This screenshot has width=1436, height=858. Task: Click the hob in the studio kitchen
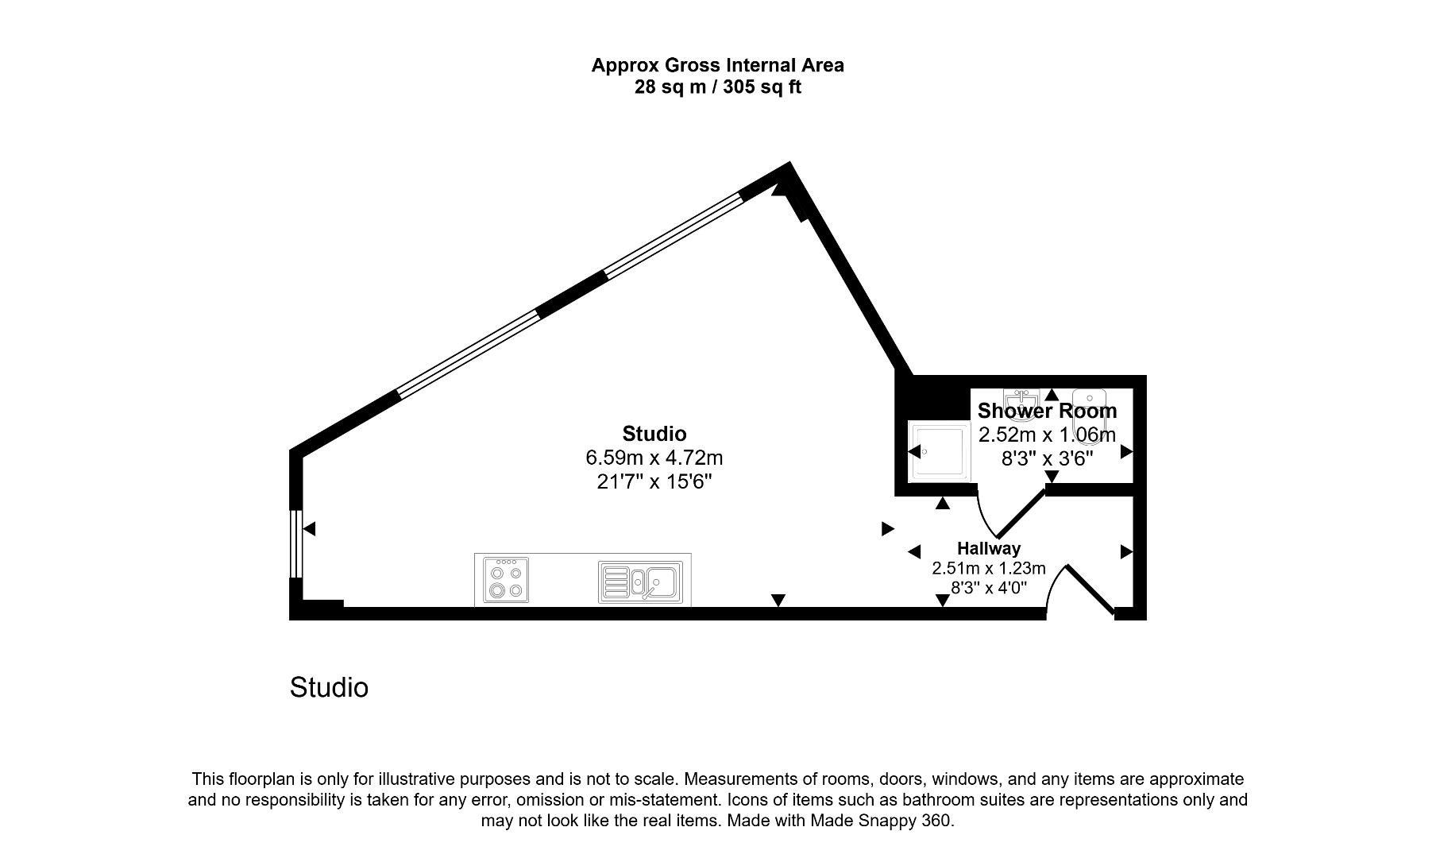coord(505,580)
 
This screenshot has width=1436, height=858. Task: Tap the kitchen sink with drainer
coord(640,581)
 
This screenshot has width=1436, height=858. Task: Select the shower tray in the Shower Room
coord(940,452)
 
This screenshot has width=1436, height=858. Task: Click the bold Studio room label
coord(654,434)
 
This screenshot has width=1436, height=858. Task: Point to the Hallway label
coord(988,548)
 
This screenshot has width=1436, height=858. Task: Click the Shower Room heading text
coord(1047,411)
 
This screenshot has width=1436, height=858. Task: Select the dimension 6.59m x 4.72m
coord(654,458)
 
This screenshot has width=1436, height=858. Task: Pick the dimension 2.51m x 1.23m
coord(988,568)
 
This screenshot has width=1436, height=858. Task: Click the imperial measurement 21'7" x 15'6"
coord(654,481)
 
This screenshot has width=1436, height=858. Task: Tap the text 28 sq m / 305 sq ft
coord(717,87)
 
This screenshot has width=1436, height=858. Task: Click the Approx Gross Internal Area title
coord(717,65)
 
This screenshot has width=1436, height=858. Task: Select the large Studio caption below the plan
coord(329,687)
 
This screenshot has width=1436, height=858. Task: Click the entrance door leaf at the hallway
coord(1090,589)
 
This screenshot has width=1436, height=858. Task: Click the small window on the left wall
coord(295,543)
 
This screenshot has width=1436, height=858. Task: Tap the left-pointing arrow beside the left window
coord(310,528)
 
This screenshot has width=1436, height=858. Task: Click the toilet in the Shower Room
coord(1090,409)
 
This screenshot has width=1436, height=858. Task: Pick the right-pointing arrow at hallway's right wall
coord(1126,551)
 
